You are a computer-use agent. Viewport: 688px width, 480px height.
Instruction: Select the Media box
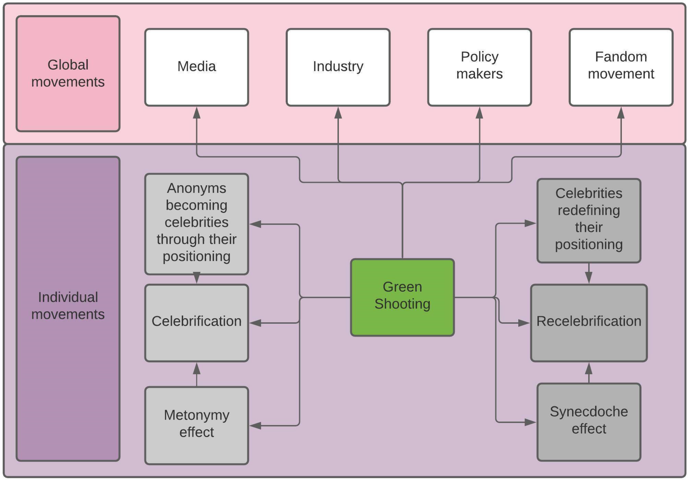pos(197,67)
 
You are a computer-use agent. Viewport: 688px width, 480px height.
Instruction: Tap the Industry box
pos(338,67)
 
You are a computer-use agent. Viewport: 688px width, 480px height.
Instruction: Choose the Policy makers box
pos(479,67)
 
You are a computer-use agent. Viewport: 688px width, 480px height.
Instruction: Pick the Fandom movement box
pos(621,67)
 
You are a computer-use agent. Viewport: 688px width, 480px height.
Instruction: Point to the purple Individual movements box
pos(68,308)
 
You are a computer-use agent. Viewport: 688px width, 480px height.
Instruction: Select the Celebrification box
pos(197,323)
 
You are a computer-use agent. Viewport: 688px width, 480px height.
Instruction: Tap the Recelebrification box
pos(589,323)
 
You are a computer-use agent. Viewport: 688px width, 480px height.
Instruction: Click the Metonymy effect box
pos(197,425)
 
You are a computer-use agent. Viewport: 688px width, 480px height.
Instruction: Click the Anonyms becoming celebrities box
pos(197,224)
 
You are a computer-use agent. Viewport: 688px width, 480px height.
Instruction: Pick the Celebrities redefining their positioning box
pos(589,221)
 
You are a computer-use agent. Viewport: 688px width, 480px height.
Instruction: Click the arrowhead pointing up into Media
pos(197,113)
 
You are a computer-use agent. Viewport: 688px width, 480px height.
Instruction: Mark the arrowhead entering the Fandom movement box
pos(621,113)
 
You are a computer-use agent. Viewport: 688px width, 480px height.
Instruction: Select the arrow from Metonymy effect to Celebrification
pos(197,374)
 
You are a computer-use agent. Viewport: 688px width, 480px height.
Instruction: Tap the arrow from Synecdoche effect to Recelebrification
pos(589,373)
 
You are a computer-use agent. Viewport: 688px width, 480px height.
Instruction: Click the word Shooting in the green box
pos(402,304)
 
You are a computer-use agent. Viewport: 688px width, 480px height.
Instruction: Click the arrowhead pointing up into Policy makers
pos(479,113)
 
